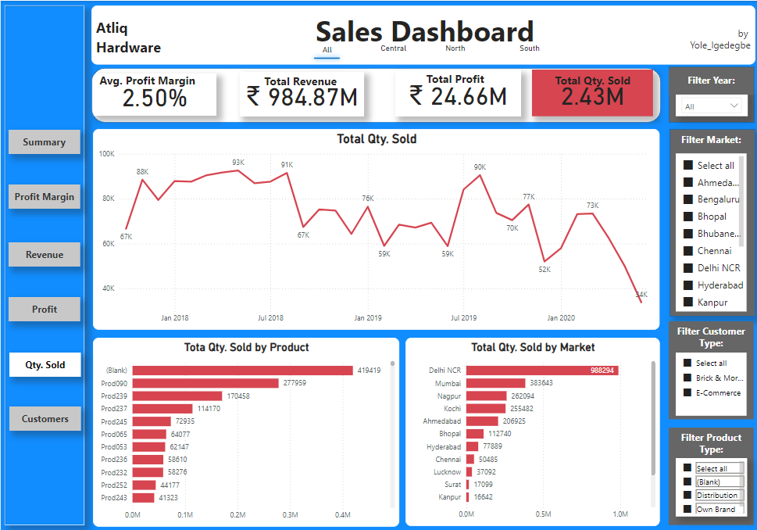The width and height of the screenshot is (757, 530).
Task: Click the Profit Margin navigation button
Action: coord(45,197)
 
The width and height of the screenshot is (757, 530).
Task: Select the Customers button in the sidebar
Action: coord(45,419)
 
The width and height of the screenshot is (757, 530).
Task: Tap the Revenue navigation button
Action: coord(45,255)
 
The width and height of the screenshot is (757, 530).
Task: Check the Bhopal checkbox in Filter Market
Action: coord(688,217)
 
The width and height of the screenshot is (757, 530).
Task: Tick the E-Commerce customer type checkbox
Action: coord(687,393)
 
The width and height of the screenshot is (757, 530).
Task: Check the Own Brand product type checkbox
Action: coord(687,509)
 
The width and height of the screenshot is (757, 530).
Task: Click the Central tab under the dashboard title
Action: coord(393,48)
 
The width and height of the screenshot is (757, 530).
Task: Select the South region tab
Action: coord(530,48)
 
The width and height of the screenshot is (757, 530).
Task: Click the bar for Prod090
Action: coord(205,383)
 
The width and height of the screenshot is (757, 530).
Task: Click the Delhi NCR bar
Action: coord(542,370)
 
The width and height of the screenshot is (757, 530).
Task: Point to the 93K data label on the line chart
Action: coord(238,163)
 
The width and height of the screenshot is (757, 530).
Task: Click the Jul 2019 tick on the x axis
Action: coord(463,318)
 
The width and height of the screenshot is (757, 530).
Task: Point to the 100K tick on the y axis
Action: coord(106,154)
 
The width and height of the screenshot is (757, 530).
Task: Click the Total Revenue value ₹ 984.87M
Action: coord(302,97)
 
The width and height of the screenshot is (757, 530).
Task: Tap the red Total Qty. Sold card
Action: coord(592,92)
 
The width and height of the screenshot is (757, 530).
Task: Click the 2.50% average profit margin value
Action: coord(155,98)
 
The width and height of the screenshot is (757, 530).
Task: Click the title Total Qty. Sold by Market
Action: coord(533,347)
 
